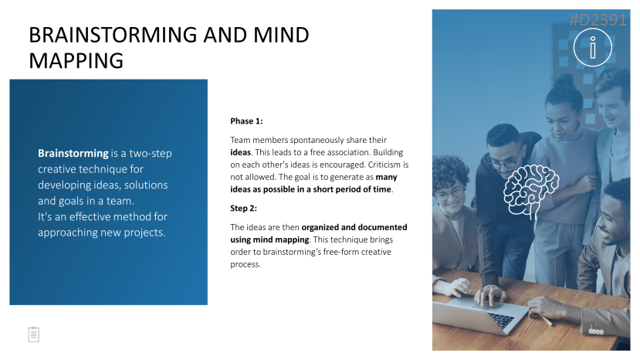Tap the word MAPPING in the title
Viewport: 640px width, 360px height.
coord(76,61)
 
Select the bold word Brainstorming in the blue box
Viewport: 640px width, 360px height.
coord(73,153)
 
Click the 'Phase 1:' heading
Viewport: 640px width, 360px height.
coord(246,121)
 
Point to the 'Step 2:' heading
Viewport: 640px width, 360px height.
coord(244,208)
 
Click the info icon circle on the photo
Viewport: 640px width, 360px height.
coord(593,47)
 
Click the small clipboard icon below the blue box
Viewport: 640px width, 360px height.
coord(34,335)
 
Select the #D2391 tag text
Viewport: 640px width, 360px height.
coord(598,19)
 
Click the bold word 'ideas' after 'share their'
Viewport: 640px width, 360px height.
coord(240,152)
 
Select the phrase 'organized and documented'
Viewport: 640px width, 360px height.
coord(354,227)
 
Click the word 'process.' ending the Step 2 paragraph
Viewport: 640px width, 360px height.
coord(246,264)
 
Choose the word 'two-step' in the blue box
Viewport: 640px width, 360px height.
coord(151,153)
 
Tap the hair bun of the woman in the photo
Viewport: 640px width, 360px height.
coord(565,80)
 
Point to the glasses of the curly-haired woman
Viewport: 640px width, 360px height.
coord(450,193)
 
